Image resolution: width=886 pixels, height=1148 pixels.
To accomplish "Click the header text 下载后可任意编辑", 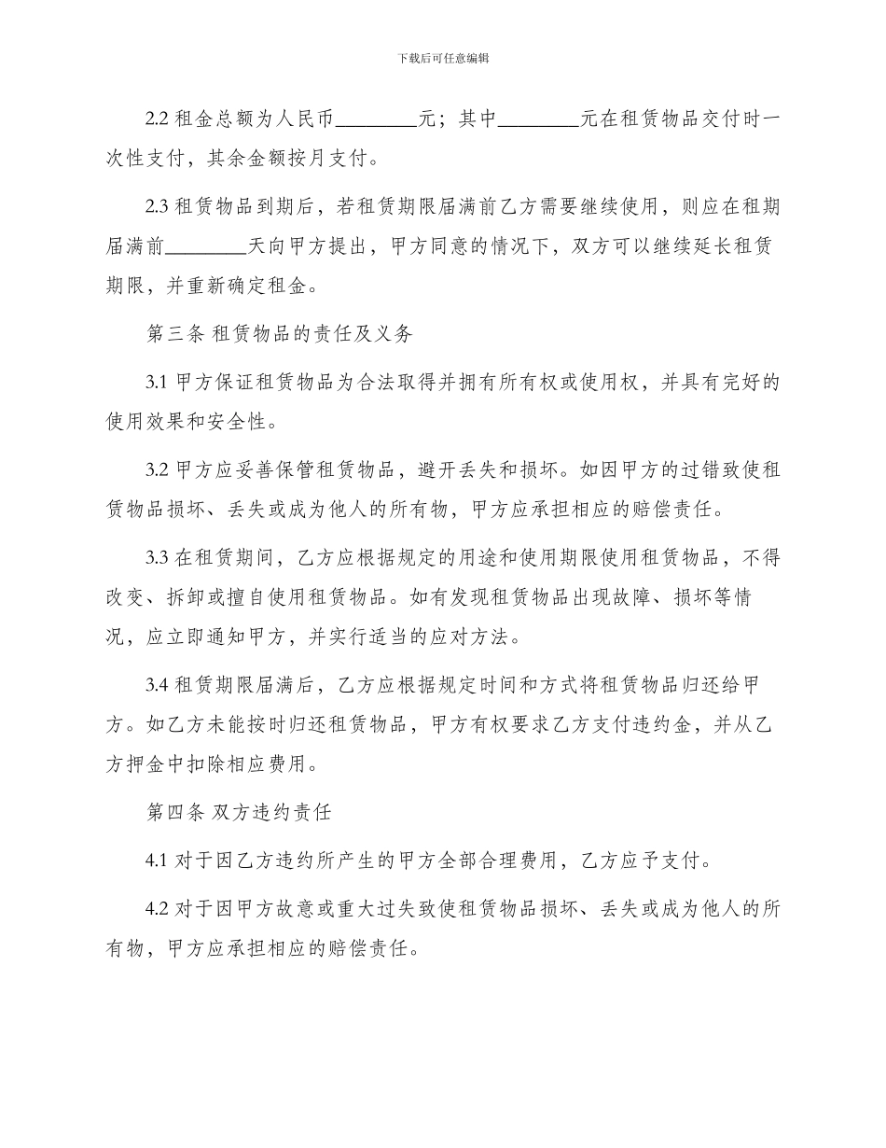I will [x=443, y=58].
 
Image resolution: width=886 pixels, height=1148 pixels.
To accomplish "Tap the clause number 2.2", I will [x=158, y=119].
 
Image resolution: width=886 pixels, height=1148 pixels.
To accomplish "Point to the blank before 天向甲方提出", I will [x=206, y=247].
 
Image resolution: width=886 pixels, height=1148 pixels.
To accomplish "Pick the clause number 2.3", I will [x=158, y=207].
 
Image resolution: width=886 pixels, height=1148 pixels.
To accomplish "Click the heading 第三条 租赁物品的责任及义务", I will [x=280, y=333].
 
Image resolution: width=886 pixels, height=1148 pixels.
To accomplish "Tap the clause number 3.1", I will [x=158, y=382].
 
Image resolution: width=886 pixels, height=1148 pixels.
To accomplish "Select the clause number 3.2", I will [x=158, y=469].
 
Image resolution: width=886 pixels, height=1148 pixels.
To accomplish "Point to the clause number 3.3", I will [x=158, y=558].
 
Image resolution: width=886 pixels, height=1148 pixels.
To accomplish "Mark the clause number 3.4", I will [x=158, y=686].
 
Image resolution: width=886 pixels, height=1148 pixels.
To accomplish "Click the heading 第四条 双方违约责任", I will [x=239, y=813].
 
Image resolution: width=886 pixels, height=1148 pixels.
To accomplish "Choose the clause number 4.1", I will [x=158, y=861].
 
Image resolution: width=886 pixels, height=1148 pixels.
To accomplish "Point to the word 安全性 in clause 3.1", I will [x=245, y=423].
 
